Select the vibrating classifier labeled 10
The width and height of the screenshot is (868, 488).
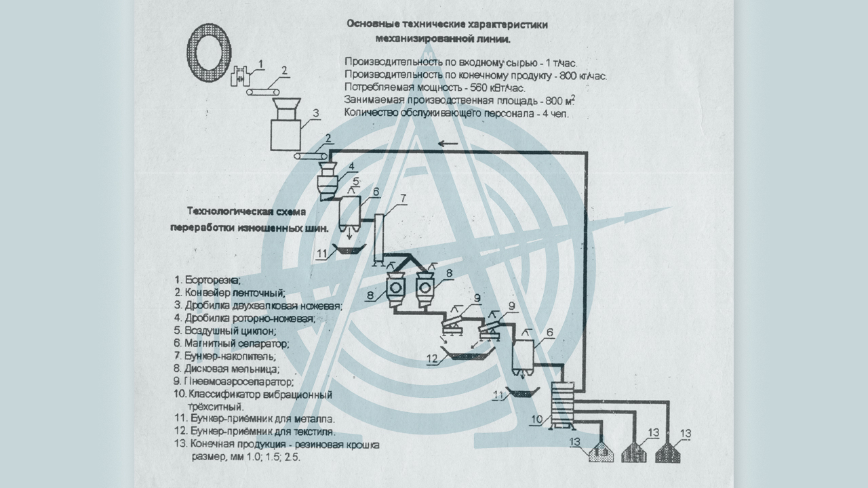[x=561, y=405]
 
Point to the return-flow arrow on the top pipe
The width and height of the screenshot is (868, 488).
[x=448, y=144]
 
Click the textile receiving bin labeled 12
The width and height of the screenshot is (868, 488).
[x=468, y=354]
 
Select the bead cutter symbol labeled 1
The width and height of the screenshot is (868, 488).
[x=239, y=77]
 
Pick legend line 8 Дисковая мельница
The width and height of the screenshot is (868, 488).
[x=226, y=369]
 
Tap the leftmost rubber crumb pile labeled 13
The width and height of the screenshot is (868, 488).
[x=600, y=453]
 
